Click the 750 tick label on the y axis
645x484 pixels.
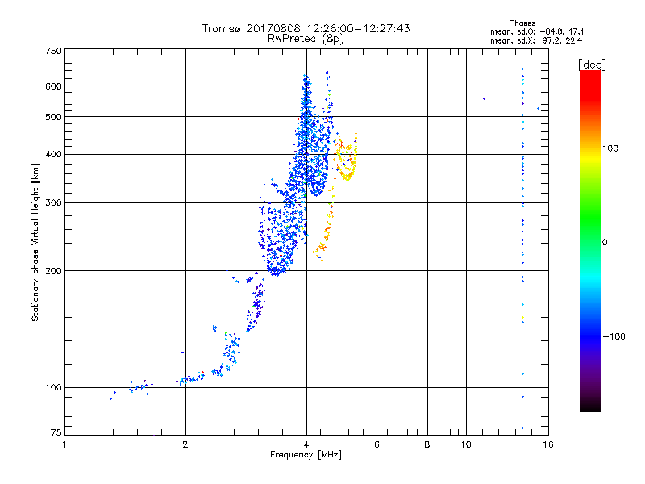click(53, 51)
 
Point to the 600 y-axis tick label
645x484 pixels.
click(53, 86)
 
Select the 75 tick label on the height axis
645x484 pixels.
click(56, 432)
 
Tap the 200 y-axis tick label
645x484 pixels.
click(53, 270)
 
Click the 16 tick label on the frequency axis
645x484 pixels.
click(547, 444)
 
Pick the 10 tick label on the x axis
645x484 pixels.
click(465, 444)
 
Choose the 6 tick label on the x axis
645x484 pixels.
click(377, 444)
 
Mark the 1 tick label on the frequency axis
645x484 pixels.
click(64, 444)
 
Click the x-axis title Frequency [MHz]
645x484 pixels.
click(306, 456)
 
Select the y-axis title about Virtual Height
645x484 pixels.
click(35, 242)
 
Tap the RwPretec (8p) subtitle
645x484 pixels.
click(306, 38)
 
